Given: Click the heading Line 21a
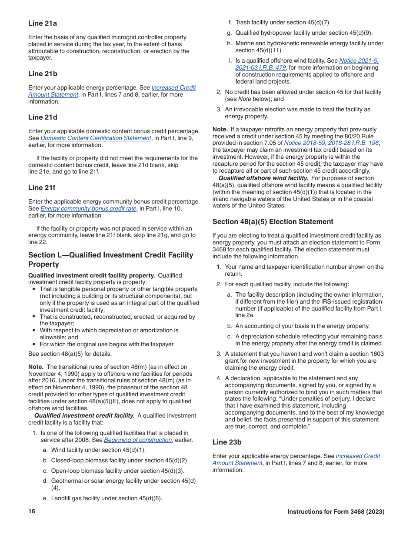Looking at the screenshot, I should tap(43, 23).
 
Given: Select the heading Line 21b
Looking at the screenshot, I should tap(43, 74).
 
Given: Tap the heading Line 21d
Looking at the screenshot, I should tap(43, 117).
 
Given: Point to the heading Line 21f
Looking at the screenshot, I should tap(42, 187).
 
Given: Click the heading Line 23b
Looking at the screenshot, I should tap(227, 442).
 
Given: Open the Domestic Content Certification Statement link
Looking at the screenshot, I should tap(96, 138).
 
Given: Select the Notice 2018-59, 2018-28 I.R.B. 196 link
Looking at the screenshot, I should tap(331, 143).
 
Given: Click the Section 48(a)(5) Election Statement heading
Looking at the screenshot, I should tap(273, 222).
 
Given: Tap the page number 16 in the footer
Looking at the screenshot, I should tap(32, 512).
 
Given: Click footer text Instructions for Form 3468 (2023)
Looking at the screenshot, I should tap(336, 512).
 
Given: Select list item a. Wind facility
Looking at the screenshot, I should tap(98, 450).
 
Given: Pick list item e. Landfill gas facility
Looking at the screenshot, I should tap(107, 498).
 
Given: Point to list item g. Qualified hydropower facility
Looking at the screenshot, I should tap(304, 33).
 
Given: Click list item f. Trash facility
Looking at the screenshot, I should tap(283, 23).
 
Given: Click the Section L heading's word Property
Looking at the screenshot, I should tap(43, 264).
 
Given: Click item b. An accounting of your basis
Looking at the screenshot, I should tap(303, 326).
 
